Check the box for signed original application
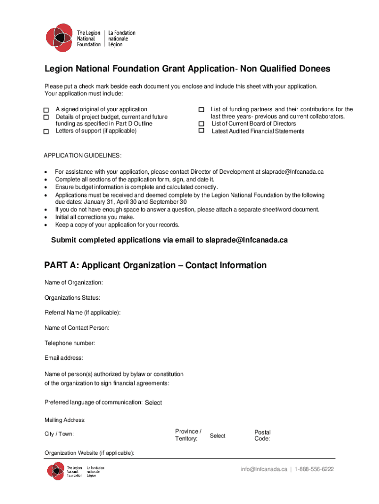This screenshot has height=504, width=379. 46,110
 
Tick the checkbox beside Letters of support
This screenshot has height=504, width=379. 46,131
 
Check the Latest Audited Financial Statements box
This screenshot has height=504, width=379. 201,131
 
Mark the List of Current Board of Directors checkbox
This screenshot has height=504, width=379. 201,124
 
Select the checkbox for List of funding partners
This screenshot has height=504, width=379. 201,109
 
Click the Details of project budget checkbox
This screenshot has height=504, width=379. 46,117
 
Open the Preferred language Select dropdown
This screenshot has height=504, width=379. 153,403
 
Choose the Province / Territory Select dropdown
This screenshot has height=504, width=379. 218,436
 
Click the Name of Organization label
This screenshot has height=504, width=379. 74,283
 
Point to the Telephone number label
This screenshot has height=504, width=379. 70,343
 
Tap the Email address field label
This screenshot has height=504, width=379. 64,358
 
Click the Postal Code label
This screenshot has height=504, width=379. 262,436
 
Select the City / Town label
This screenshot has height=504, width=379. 59,434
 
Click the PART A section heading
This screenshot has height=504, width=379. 156,266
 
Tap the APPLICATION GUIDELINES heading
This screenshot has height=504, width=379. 83,156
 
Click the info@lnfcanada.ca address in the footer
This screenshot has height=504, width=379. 264,469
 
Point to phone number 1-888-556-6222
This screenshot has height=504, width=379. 314,469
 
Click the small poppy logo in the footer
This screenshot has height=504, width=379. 56,471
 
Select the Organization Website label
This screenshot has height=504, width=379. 90,453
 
